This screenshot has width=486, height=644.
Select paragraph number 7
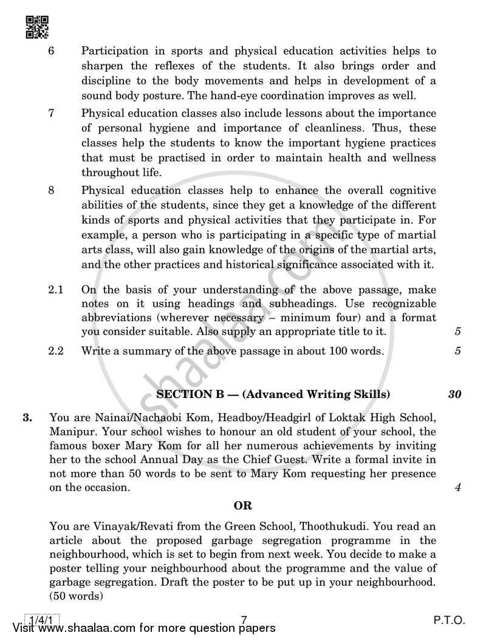coord(52,114)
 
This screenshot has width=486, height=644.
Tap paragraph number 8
coord(52,190)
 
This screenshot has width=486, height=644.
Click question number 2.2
coord(55,351)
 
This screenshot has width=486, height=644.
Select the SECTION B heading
coord(273,394)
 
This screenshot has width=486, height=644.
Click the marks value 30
coord(454,394)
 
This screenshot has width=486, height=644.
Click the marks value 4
coord(457,488)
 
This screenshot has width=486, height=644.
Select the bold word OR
coord(243,505)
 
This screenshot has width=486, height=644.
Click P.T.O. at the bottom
coord(449,620)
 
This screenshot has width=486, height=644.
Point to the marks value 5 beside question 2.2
coord(457,351)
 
